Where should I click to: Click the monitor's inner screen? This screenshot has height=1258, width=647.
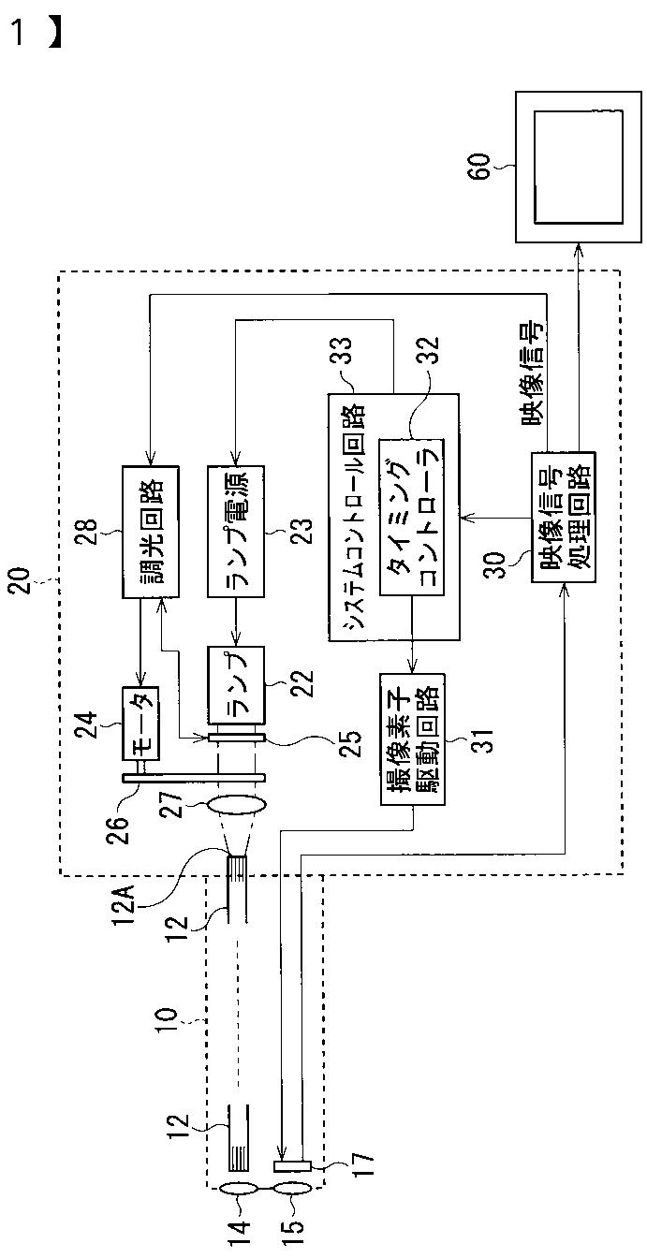(578, 167)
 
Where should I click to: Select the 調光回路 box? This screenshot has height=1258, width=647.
(151, 532)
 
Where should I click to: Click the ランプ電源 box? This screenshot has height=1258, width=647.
(235, 531)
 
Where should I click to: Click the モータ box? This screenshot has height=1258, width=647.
(141, 724)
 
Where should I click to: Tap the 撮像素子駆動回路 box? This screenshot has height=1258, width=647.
(413, 739)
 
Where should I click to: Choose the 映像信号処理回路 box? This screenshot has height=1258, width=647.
(564, 517)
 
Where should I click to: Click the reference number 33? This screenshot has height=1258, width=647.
(342, 350)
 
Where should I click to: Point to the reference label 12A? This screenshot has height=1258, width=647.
(128, 901)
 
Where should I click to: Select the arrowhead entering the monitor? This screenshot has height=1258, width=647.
(579, 250)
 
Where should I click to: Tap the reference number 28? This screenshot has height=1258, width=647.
(89, 532)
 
